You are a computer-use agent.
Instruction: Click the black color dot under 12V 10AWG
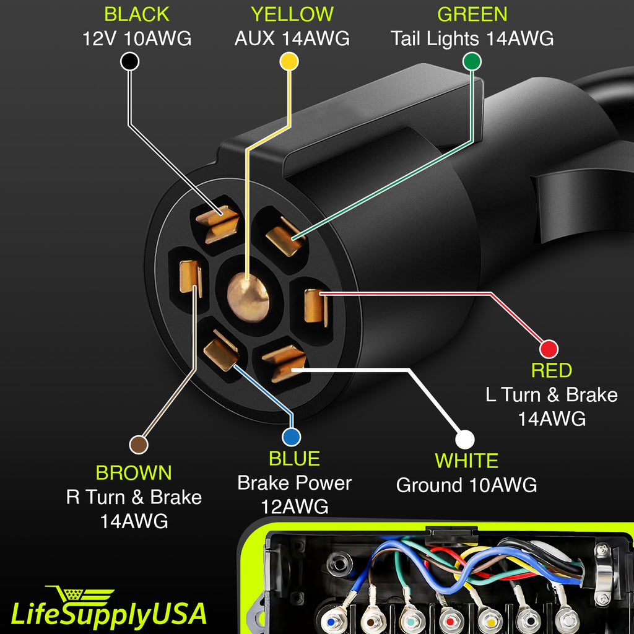pos(129,61)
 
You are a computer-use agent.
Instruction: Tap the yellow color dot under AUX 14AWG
pos(289,61)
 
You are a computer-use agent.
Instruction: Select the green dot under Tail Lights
pos(472,61)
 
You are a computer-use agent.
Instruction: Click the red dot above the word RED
pos(549,349)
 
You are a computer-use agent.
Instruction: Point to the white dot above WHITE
pos(464,439)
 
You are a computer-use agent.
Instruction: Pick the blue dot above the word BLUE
pos(291,437)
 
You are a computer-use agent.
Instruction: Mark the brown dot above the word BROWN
pos(139,444)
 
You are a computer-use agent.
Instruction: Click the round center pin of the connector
pos(246,297)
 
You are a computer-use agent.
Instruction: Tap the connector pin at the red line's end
pos(316,306)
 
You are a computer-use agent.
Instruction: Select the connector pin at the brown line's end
pos(189,277)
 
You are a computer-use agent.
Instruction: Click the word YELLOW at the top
pos(292,14)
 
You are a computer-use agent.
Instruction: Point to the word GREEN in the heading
pos(472,14)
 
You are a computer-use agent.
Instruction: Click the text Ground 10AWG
pos(466,485)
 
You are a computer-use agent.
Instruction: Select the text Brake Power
pos(294,483)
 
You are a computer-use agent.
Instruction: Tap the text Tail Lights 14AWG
pos(472,38)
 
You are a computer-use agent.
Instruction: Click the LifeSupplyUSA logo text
pos(108,613)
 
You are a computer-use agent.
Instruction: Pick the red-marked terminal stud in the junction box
pos(449,620)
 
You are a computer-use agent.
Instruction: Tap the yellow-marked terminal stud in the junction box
pos(490,620)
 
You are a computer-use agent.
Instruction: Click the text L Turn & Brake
pos(551,394)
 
